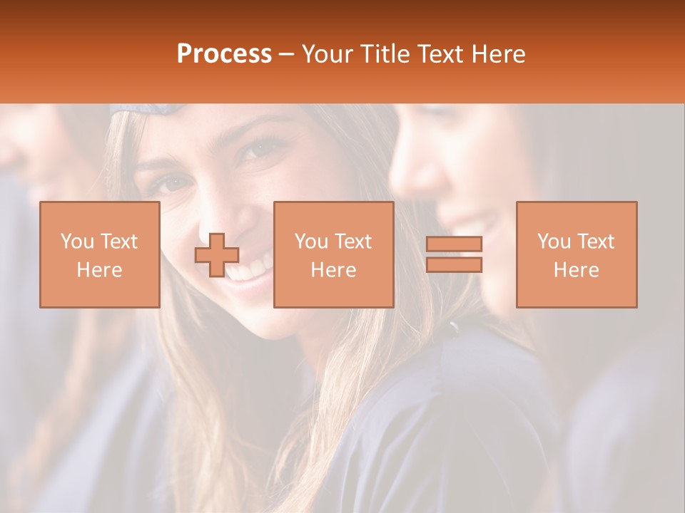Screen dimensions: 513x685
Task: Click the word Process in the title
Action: pyautogui.click(x=224, y=54)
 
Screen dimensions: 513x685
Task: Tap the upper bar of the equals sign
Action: pyautogui.click(x=454, y=244)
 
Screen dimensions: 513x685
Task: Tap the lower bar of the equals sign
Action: pyautogui.click(x=454, y=265)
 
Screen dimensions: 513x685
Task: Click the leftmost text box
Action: pyautogui.click(x=100, y=254)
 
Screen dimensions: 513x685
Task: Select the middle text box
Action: pyautogui.click(x=333, y=254)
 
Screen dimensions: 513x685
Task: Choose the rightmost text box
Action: pyautogui.click(x=576, y=254)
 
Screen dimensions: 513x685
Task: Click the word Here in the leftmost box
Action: pyautogui.click(x=100, y=270)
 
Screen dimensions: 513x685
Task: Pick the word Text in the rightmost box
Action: pyautogui.click(x=597, y=242)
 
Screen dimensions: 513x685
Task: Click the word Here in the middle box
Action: pyautogui.click(x=333, y=270)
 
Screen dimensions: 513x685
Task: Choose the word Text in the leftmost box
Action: pyautogui.click(x=120, y=242)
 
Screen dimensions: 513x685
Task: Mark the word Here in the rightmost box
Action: pyautogui.click(x=576, y=270)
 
